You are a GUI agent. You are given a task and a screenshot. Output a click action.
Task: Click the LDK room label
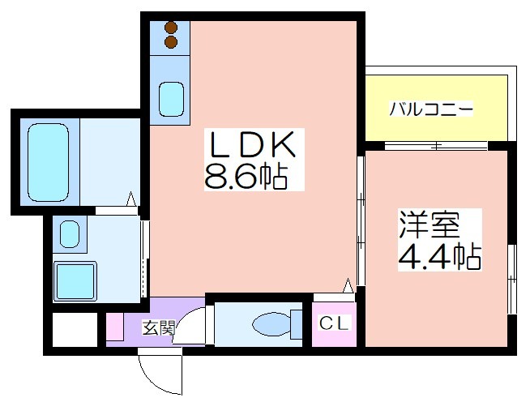253,144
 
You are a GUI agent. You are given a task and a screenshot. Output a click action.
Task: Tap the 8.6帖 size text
246,176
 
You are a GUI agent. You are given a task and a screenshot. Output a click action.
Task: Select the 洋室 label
430,225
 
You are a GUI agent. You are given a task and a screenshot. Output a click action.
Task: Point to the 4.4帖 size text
440,256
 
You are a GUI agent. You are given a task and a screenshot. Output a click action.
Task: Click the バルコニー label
431,109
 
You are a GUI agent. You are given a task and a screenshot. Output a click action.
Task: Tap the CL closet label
334,323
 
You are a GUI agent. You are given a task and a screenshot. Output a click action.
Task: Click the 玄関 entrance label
159,327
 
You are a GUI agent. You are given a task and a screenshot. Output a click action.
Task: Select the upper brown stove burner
171,27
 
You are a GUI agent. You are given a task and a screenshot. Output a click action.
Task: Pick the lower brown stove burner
171,41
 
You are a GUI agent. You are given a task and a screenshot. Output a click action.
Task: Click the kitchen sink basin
172,100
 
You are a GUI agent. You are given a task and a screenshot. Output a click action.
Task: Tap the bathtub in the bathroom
49,162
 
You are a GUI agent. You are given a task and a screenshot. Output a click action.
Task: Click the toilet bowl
271,324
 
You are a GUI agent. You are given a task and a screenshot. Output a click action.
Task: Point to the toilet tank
297,324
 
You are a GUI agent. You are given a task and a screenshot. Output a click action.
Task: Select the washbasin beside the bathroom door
70,234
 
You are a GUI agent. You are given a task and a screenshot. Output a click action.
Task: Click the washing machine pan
75,281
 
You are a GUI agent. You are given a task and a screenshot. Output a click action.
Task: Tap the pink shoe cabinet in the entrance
115,327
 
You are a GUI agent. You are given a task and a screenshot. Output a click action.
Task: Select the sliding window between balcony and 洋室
436,146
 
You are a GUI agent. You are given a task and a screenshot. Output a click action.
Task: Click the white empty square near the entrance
75,329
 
